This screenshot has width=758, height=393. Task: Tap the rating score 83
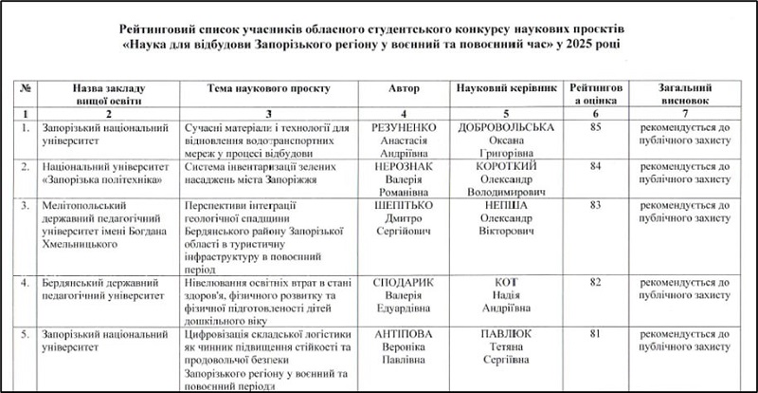(595, 204)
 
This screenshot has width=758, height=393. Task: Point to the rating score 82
(595, 282)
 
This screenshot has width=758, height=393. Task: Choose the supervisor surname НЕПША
(504, 204)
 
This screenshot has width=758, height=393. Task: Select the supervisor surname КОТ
(504, 282)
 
